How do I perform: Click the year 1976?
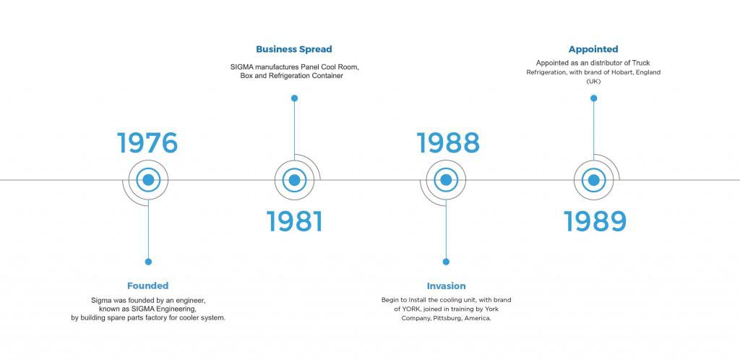[x=147, y=143]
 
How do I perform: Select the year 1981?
[x=295, y=221]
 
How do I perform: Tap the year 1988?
[x=448, y=143]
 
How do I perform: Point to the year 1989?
[x=595, y=221]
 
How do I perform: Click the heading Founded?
[x=147, y=286]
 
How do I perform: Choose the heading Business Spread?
[x=294, y=49]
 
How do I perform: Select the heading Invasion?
[x=446, y=286]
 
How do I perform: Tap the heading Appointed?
[x=593, y=49]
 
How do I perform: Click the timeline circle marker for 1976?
[x=148, y=180]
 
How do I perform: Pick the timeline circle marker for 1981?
[x=295, y=180]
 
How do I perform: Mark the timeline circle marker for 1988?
[x=446, y=180]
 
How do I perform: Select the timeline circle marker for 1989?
[x=594, y=180]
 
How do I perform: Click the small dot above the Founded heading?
[x=148, y=262]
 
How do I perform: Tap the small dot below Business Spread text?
[x=295, y=98]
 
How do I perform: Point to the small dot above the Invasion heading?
[x=446, y=262]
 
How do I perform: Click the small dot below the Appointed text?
[x=594, y=98]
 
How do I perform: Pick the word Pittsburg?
[x=447, y=319]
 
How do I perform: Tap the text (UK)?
[x=593, y=82]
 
